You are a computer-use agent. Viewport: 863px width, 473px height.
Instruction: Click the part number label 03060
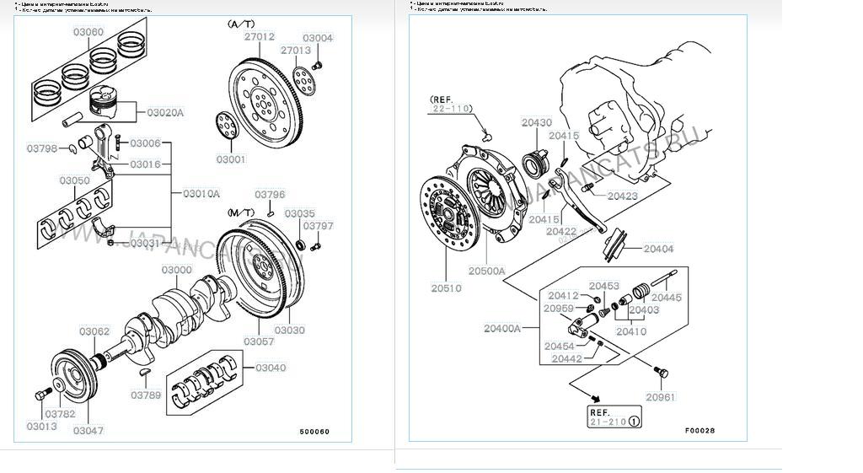click(88, 32)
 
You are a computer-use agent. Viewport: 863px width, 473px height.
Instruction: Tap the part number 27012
click(260, 37)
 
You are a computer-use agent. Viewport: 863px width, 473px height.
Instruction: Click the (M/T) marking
click(240, 212)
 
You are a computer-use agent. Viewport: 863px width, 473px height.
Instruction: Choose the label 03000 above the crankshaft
click(177, 270)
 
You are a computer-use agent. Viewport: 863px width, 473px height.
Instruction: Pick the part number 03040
click(271, 368)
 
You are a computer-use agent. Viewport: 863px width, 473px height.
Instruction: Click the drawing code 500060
click(314, 433)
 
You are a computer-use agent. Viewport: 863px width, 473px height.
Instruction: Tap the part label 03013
click(40, 426)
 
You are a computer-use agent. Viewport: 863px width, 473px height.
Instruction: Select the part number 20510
click(446, 288)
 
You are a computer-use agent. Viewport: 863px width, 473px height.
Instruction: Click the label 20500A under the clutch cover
click(487, 271)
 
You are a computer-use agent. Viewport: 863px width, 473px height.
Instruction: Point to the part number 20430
click(536, 123)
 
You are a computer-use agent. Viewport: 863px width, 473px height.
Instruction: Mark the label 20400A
click(501, 327)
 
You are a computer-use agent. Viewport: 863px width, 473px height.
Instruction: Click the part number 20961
click(661, 397)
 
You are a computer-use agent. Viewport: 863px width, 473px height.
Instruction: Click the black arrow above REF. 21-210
click(596, 397)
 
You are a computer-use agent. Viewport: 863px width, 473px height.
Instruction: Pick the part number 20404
click(658, 249)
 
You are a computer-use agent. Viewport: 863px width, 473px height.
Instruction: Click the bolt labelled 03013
click(41, 396)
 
